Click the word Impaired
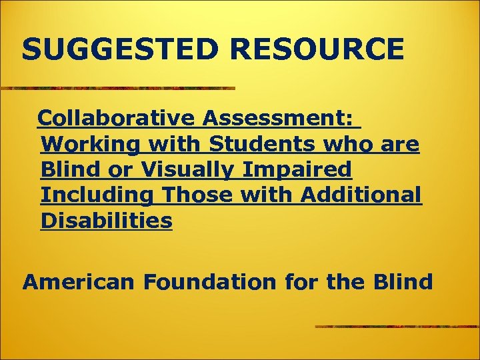click(x=297, y=169)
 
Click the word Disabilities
click(x=107, y=220)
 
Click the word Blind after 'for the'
click(x=402, y=282)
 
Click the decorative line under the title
click(x=117, y=88)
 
